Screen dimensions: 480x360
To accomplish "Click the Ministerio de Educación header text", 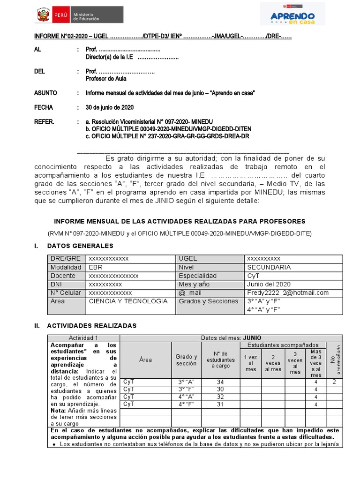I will (x=86, y=16).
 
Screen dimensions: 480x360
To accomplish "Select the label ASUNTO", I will (x=45, y=93).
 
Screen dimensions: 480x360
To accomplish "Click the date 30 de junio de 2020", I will (x=110, y=107).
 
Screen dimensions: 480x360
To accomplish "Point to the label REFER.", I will (x=45, y=122).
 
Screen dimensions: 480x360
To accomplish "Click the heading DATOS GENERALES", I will (x=80, y=246).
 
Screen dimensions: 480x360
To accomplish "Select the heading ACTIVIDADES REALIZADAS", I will (x=91, y=325).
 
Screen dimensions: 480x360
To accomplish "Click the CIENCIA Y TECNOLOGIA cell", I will (x=128, y=301).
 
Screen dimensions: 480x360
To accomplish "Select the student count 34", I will (x=220, y=382).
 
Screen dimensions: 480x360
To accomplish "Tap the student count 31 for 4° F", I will (x=220, y=404).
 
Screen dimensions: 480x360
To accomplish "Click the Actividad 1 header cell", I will (x=83, y=338).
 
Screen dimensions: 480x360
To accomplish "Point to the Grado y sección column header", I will (x=187, y=360).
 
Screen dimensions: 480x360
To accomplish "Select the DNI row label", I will (x=56, y=284).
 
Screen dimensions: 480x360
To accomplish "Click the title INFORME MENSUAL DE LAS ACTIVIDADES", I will (x=180, y=221).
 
